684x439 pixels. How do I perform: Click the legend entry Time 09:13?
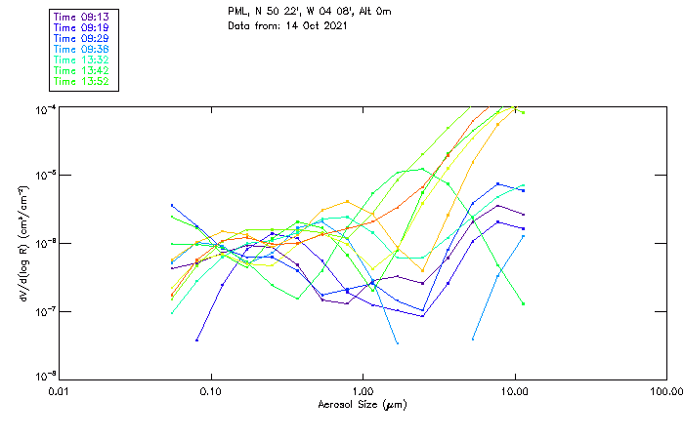coord(82,17)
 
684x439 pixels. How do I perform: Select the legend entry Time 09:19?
coord(82,27)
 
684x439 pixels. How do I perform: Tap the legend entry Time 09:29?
coord(82,38)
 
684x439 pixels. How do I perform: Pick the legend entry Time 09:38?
coord(82,49)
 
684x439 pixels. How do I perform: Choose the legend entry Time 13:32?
coord(82,60)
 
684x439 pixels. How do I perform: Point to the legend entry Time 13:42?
coord(82,70)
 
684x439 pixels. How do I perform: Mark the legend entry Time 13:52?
coord(82,81)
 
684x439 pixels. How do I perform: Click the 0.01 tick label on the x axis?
coord(59,392)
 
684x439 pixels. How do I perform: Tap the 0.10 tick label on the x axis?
coord(210,392)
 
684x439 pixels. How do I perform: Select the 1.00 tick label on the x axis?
coord(363,392)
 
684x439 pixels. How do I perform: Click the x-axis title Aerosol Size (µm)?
coord(363,404)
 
